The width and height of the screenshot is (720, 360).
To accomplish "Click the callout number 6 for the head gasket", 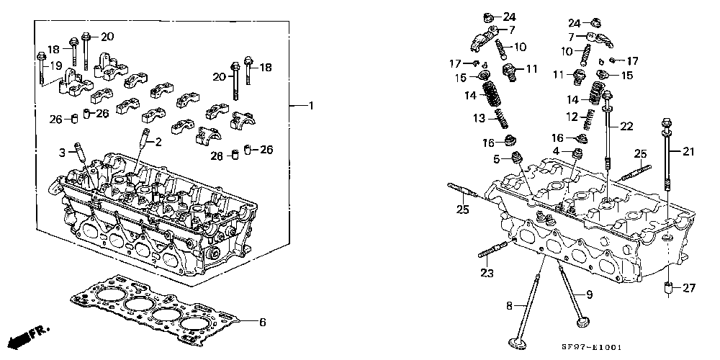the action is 262,323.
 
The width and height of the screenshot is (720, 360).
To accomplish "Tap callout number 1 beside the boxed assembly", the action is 310,106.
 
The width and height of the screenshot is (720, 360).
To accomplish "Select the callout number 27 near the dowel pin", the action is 689,289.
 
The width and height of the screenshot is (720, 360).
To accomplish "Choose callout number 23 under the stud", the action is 487,274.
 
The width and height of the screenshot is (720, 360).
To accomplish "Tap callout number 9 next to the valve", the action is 590,294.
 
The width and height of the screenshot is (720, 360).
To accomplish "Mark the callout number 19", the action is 55,66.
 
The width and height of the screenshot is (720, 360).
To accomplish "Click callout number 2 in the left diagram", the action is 158,143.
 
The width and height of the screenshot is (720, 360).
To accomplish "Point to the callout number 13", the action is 479,119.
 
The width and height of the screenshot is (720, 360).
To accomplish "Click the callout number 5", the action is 496,159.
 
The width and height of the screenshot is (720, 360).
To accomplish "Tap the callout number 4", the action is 556,150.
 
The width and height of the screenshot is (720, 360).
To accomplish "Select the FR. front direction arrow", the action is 30,336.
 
